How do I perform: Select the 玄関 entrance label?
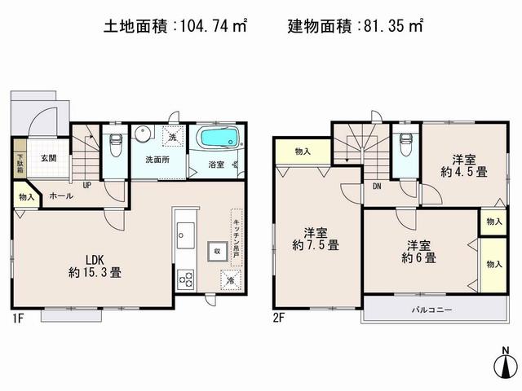48,158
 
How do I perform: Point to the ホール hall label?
60,195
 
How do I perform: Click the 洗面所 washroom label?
157,159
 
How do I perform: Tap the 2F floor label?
279,318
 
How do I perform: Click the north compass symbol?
506,365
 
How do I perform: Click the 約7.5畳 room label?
318,236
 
